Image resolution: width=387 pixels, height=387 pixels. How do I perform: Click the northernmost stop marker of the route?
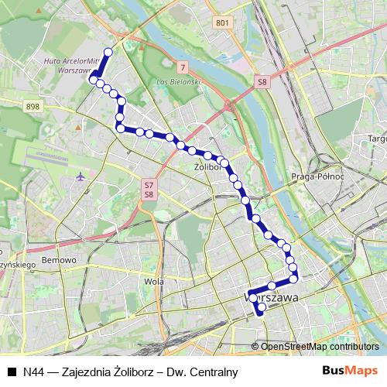click(x=108, y=52)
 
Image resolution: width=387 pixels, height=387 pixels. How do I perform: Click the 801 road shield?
click(x=224, y=24)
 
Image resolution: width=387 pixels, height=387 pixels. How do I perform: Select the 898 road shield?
click(x=32, y=107)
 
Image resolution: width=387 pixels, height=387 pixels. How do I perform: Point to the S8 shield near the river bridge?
click(x=263, y=80)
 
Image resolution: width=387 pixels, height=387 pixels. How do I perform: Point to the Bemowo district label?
click(x=60, y=260)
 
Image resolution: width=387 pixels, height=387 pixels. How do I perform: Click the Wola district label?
click(x=154, y=282)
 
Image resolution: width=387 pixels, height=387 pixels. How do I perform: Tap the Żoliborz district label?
click(x=209, y=166)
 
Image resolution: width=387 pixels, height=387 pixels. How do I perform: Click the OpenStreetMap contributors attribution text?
click(x=320, y=346)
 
